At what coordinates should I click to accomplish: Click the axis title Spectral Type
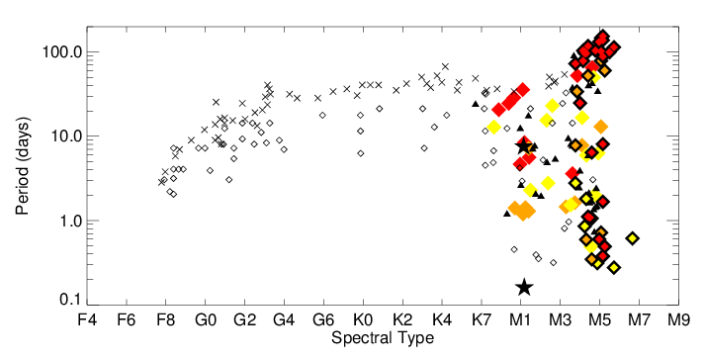383,339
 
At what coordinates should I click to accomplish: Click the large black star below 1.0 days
524,287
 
